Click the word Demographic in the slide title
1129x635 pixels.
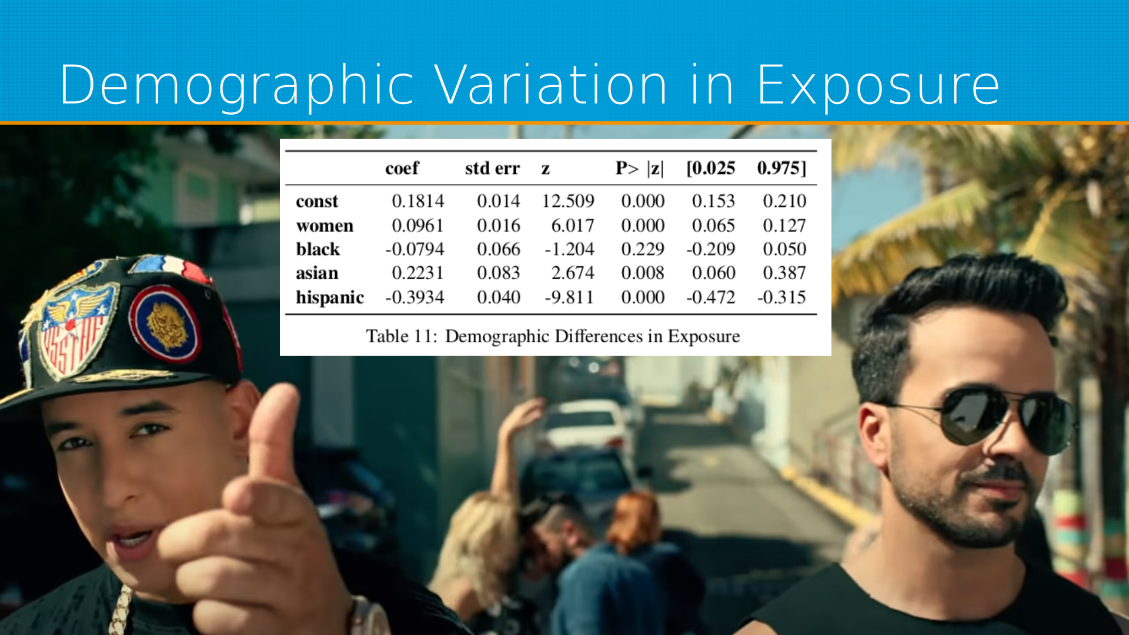[237, 85]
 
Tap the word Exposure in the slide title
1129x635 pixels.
[879, 85]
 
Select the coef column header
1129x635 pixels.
[402, 168]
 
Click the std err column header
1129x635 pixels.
[492, 168]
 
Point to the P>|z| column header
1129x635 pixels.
[640, 168]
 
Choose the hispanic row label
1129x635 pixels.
[330, 298]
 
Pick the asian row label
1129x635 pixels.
[317, 273]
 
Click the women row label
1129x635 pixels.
[325, 226]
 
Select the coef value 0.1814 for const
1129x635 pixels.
[418, 201]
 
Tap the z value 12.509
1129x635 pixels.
[568, 201]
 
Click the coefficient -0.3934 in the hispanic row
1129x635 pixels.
[415, 298]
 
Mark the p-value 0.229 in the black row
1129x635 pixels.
[643, 249]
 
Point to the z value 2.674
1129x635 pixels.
[573, 273]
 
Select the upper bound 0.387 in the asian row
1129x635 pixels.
[784, 273]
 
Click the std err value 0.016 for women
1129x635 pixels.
[499, 226]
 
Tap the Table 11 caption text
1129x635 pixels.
[553, 336]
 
